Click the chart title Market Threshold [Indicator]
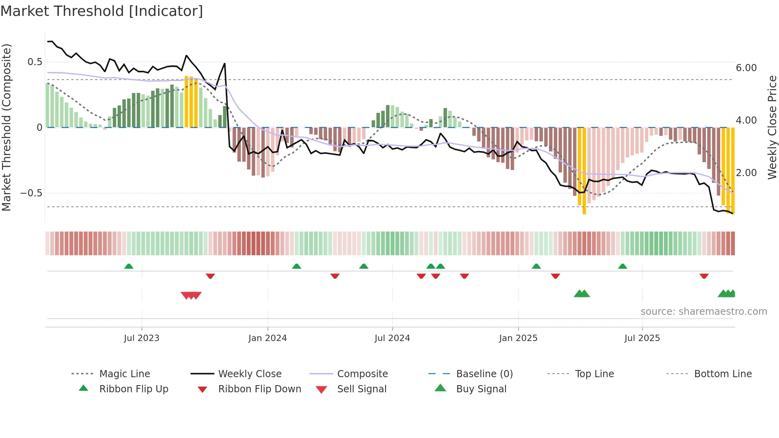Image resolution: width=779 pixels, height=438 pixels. click(102, 11)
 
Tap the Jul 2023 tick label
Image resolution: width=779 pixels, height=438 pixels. click(141, 338)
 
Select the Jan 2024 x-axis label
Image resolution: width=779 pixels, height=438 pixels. click(267, 338)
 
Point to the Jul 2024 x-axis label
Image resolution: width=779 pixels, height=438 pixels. click(392, 338)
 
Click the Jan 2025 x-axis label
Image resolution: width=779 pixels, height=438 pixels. click(518, 338)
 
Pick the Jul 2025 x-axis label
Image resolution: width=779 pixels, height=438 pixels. click(642, 338)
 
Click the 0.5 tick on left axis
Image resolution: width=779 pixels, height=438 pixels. click(35, 62)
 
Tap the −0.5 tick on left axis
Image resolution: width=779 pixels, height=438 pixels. click(31, 193)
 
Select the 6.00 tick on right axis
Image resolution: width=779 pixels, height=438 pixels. click(746, 68)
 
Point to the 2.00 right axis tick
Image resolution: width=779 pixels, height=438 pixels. click(746, 173)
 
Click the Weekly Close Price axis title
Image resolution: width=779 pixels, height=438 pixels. click(772, 127)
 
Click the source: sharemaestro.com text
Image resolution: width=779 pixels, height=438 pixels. click(703, 312)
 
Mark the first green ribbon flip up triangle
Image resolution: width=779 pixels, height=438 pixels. click(129, 266)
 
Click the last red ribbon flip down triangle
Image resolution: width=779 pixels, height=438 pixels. click(704, 276)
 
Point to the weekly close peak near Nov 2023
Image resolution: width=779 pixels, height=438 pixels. click(225, 64)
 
